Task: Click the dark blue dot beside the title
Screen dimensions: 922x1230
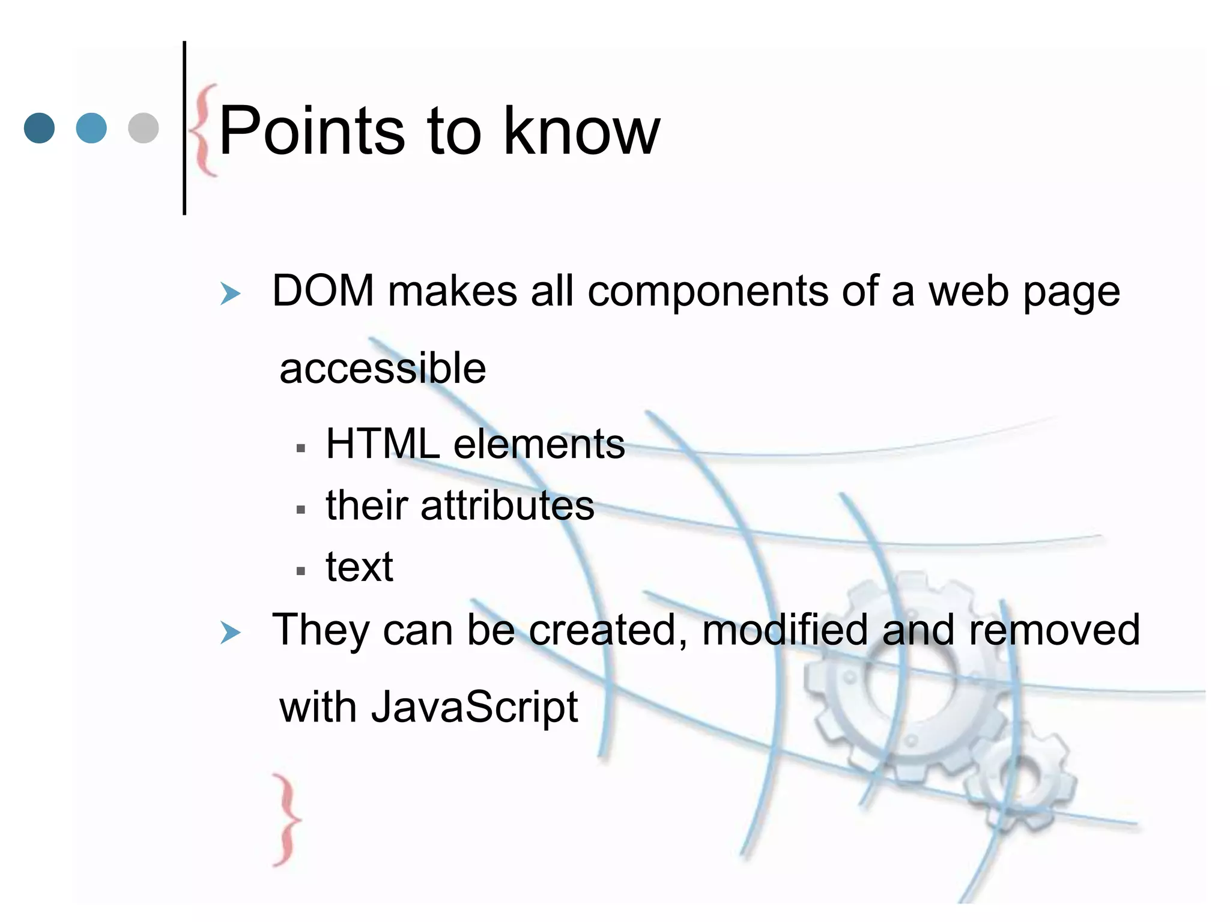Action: (x=40, y=128)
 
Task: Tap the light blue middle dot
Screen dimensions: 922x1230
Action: (x=91, y=128)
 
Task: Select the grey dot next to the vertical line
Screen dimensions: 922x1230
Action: (x=144, y=128)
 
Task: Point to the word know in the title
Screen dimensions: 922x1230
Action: (x=581, y=131)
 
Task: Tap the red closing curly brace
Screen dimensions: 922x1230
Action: (x=286, y=819)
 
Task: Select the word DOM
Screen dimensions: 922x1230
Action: (x=323, y=292)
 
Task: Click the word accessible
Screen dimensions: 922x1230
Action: (x=383, y=369)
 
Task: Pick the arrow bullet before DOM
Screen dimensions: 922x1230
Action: (x=230, y=294)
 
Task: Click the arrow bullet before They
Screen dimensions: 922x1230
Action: (x=230, y=633)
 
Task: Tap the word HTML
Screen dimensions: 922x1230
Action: (x=383, y=444)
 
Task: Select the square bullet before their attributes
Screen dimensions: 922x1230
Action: (x=301, y=510)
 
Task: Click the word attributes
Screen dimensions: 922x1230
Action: (x=507, y=505)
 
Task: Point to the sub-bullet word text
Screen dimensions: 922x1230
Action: (x=359, y=567)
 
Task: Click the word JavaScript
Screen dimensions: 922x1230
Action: (x=474, y=707)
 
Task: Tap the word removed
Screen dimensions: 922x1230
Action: (x=1054, y=630)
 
